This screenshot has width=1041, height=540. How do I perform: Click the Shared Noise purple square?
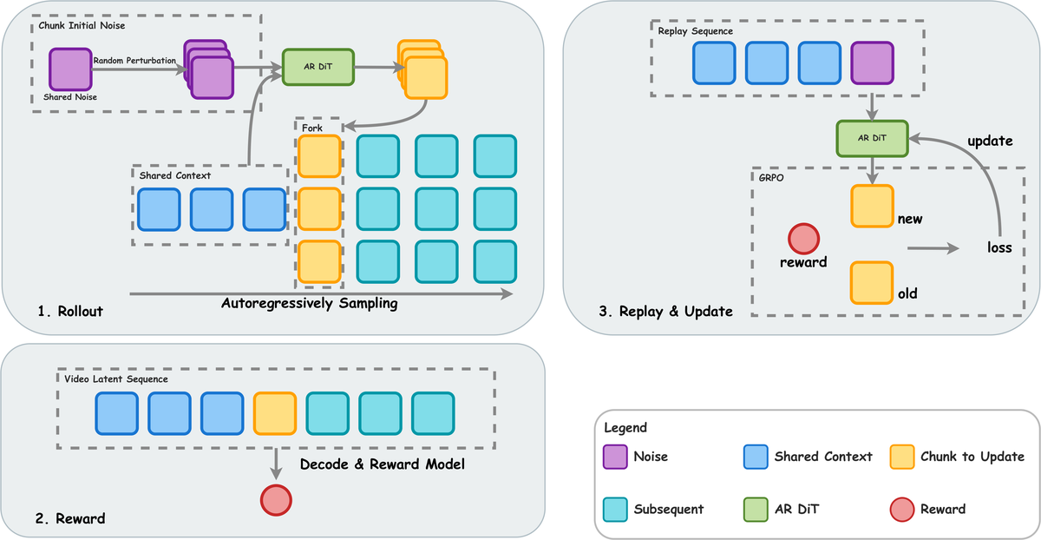(x=69, y=70)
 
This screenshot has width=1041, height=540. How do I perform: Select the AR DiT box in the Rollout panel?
(x=318, y=66)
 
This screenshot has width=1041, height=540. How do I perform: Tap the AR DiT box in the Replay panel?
(x=871, y=139)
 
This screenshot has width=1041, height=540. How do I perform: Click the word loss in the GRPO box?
(x=999, y=247)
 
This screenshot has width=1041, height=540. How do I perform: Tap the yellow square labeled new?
(x=872, y=207)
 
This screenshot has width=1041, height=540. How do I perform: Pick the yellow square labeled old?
(x=872, y=282)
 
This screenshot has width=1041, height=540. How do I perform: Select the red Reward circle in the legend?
(x=904, y=509)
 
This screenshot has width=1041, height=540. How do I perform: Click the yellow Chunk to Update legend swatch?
(x=904, y=457)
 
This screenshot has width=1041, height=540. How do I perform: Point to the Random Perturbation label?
(x=134, y=60)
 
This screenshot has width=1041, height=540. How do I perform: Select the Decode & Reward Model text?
(x=383, y=464)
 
